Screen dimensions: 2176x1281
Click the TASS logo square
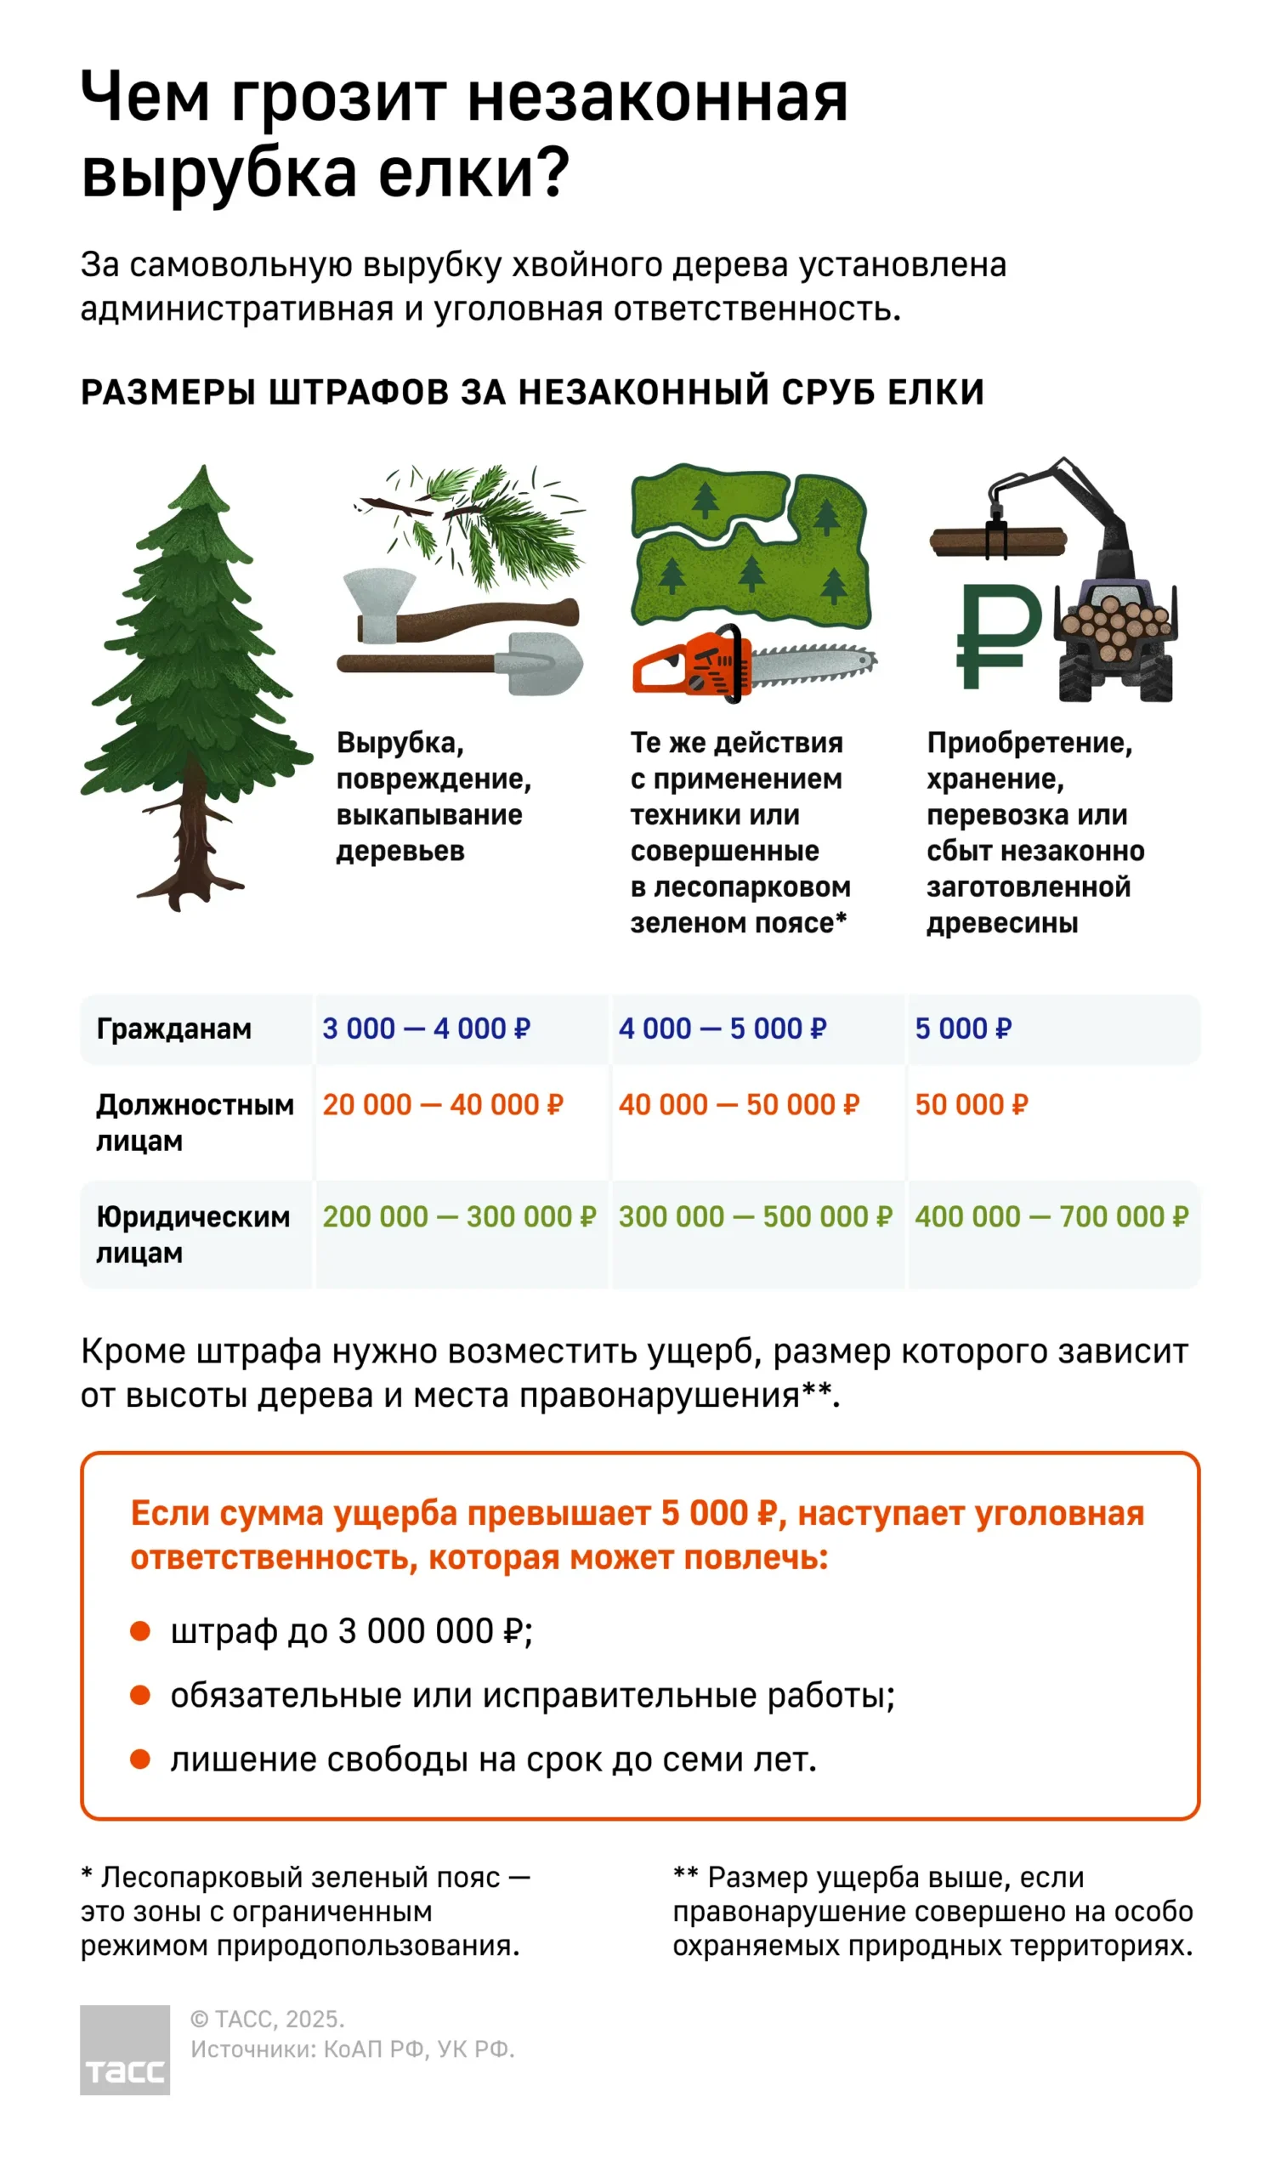[x=124, y=2049]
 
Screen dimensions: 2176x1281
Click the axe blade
[x=379, y=605]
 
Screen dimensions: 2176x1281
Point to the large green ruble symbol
[x=997, y=636]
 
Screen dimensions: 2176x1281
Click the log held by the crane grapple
[x=998, y=541]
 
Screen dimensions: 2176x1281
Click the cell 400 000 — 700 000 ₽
[x=1051, y=1216]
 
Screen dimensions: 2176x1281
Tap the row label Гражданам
[x=173, y=1028]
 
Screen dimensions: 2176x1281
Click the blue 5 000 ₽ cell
[x=962, y=1028]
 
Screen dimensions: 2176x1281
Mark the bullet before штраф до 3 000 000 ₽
[x=140, y=1631]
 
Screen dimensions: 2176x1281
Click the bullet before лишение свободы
[x=140, y=1759]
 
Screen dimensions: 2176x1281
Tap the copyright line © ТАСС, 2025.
[x=267, y=2020]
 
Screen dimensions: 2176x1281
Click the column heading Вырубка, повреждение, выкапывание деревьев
[x=434, y=796]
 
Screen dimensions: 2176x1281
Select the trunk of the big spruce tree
[x=196, y=829]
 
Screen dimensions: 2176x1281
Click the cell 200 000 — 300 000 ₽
[x=460, y=1216]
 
